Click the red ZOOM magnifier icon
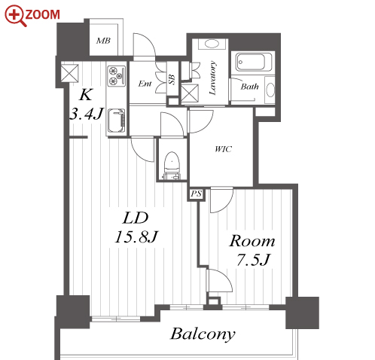[x=15, y=16]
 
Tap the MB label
[x=103, y=41]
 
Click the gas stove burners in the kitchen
[x=117, y=75]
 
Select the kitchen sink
[x=117, y=121]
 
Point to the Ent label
[x=145, y=84]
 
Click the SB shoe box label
[x=172, y=79]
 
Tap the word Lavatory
[x=212, y=78]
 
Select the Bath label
[x=249, y=87]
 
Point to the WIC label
[x=223, y=149]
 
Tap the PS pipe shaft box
[x=197, y=194]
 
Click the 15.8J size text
[x=136, y=236]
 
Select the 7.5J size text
[x=253, y=260]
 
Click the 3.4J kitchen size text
[x=87, y=114]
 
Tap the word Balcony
[x=203, y=334]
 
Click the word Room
[x=252, y=241]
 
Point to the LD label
[x=136, y=218]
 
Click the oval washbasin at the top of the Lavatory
[x=212, y=44]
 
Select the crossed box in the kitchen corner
[x=69, y=73]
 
